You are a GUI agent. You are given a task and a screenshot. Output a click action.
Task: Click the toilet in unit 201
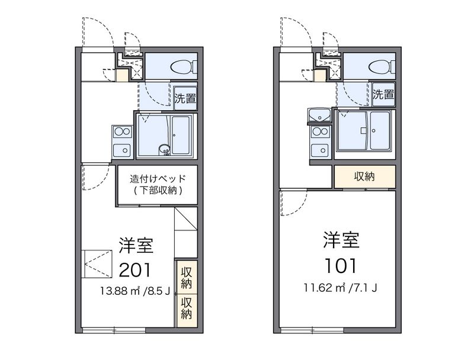[x=184, y=67]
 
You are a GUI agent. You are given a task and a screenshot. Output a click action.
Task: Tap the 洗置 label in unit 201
[x=185, y=98]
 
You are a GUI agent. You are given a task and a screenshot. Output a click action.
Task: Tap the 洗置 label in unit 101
[x=383, y=95]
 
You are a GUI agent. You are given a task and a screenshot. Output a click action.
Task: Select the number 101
[x=340, y=265]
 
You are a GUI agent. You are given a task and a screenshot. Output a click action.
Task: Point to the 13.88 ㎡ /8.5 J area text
[x=136, y=291]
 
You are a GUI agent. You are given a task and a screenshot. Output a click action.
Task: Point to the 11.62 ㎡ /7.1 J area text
[x=340, y=288]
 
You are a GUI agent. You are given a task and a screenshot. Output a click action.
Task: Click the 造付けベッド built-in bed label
[x=158, y=179]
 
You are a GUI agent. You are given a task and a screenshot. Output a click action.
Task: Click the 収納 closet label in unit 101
[x=364, y=176]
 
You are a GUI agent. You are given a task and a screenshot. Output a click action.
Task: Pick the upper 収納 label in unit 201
[x=187, y=278]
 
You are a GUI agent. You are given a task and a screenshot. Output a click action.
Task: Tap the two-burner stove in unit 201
[x=123, y=131]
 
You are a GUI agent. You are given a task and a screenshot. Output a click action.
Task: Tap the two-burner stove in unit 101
[x=321, y=131]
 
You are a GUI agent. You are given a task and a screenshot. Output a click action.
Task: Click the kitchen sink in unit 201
[x=122, y=150]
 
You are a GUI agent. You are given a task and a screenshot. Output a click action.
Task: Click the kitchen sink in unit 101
[x=321, y=150]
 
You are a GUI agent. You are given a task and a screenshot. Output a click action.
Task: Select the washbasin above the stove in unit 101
[x=319, y=115]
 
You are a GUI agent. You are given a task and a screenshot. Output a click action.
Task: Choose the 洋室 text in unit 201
[x=136, y=245]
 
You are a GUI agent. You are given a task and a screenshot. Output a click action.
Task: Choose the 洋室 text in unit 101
[x=341, y=240]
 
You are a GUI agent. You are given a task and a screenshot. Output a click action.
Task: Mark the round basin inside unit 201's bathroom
[x=165, y=149]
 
